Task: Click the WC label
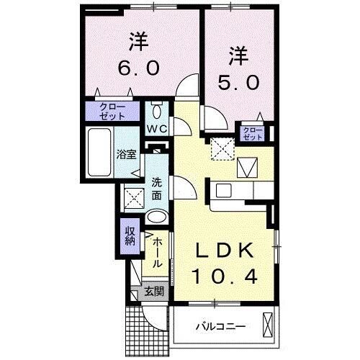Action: click(157, 128)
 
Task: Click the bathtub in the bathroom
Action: click(99, 153)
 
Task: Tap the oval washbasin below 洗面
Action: click(156, 218)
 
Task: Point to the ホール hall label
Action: click(157, 253)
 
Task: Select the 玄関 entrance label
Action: click(153, 292)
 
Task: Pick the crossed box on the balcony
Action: click(268, 325)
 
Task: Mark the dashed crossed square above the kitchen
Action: click(221, 150)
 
